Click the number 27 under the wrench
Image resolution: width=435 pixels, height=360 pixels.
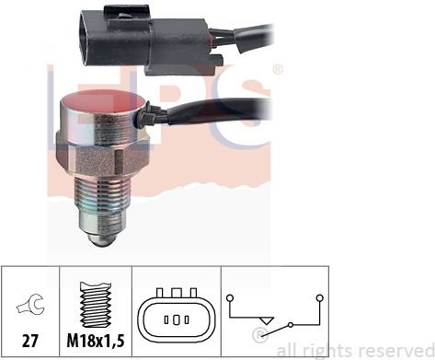click(x=30, y=341)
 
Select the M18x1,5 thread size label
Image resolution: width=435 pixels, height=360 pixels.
click(x=96, y=341)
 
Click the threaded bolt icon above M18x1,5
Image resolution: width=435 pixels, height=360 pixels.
click(x=96, y=305)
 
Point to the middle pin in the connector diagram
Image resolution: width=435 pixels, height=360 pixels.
click(x=177, y=320)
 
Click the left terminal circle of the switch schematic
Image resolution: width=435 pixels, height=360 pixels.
click(x=230, y=297)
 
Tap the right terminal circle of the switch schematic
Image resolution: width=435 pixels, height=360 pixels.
click(x=320, y=297)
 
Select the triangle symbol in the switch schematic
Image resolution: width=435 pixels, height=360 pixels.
click(x=266, y=320)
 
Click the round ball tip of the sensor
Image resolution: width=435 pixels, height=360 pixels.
click(x=102, y=239)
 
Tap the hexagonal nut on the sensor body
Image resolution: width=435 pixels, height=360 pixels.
click(x=102, y=160)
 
